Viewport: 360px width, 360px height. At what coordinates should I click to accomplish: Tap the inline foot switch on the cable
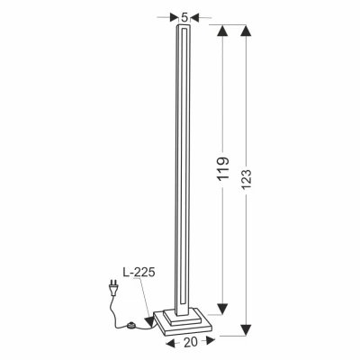tap(136, 326)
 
